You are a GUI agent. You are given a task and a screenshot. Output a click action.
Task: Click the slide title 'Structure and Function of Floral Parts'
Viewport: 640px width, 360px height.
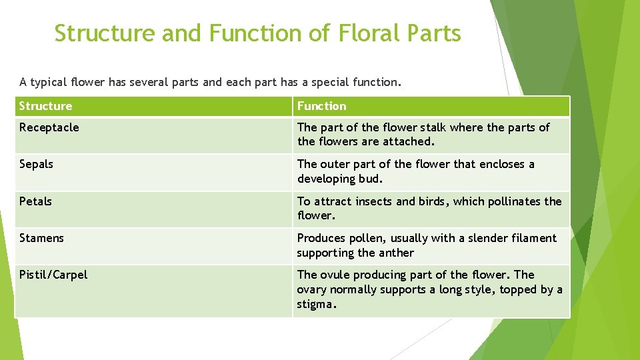257,33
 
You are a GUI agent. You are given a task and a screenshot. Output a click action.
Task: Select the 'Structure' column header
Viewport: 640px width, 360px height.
45,106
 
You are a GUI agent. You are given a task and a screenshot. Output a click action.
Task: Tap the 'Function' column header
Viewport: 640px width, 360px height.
321,106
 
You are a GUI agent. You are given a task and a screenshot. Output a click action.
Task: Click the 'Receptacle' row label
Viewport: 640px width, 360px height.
49,127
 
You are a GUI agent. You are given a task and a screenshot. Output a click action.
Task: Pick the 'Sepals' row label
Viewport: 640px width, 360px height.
36,164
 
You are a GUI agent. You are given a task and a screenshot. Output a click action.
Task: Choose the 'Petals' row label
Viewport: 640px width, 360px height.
35,201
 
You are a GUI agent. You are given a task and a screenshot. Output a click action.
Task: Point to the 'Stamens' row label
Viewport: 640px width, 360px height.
41,238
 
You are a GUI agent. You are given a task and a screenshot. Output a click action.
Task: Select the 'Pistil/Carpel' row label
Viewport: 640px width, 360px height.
53,275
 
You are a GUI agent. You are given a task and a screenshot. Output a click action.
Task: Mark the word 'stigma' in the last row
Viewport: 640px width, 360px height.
315,304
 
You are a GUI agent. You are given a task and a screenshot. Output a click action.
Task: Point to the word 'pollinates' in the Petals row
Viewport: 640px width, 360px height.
514,201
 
